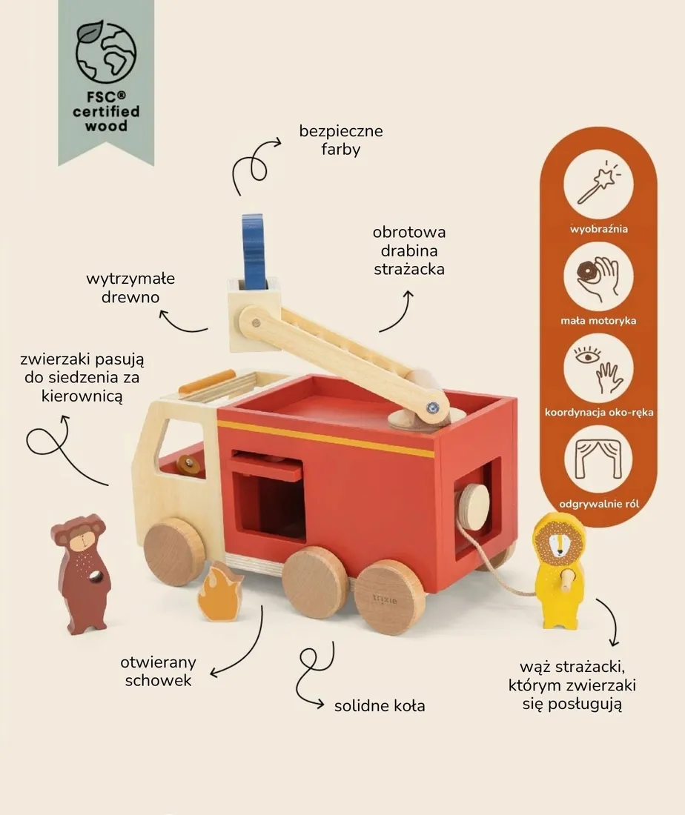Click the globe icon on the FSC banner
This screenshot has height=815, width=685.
click(106, 52)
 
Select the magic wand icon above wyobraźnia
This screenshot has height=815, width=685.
click(598, 184)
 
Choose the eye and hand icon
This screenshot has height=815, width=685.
click(598, 368)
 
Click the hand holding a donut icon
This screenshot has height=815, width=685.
click(598, 276)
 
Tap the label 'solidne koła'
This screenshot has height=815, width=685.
click(380, 706)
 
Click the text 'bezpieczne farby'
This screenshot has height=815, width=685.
click(341, 140)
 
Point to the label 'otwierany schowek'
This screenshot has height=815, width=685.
click(158, 671)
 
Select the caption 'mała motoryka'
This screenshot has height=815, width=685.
click(598, 321)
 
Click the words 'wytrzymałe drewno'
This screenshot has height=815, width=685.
click(130, 288)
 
